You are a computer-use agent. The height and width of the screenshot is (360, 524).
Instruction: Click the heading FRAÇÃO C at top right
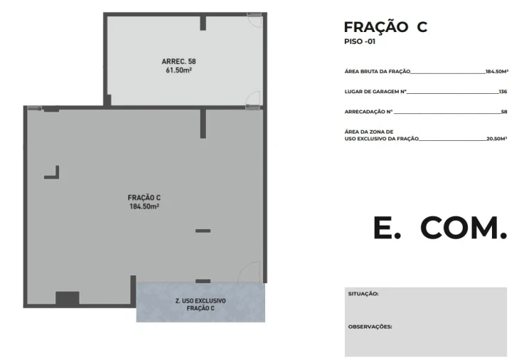click(x=385, y=27)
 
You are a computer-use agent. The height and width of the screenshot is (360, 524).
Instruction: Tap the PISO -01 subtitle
click(x=360, y=41)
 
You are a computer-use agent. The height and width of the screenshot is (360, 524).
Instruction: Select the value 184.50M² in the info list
click(x=497, y=71)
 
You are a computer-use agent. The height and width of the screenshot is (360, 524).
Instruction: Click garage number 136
click(x=503, y=91)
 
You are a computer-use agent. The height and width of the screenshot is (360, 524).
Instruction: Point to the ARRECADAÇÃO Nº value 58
click(x=504, y=112)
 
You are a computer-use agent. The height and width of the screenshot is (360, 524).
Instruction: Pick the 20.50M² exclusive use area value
click(x=496, y=139)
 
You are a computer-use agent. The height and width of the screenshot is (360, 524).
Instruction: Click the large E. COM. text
click(x=440, y=228)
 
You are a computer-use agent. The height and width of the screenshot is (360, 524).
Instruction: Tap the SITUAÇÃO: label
click(x=363, y=294)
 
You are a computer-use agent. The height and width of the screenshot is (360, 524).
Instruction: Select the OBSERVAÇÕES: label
click(x=370, y=327)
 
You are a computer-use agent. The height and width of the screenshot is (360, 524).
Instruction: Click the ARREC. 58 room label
click(x=178, y=61)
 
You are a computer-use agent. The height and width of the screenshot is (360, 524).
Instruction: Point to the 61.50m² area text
click(x=178, y=70)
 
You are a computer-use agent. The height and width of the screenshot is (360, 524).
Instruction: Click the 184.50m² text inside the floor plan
click(x=144, y=206)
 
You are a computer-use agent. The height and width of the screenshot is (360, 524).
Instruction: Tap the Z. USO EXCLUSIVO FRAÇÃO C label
click(x=200, y=305)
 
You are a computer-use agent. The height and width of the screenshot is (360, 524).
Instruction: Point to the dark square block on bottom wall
click(x=67, y=298)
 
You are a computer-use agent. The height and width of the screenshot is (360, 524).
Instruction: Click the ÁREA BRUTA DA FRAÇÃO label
click(x=378, y=71)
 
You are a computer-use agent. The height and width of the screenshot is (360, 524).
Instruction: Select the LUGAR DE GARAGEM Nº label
click(x=375, y=91)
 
